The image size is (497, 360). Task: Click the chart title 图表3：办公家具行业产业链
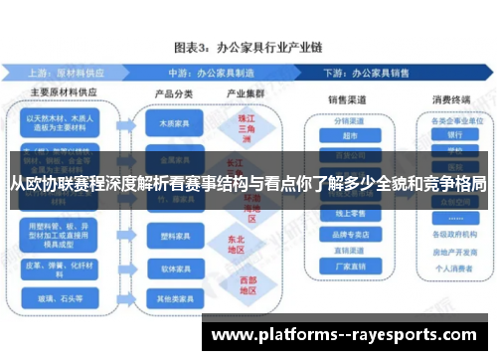[248, 47]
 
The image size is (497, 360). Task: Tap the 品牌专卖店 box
[347, 235]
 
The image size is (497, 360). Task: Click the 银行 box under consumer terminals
[456, 134]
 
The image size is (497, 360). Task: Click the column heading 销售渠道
[348, 98]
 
